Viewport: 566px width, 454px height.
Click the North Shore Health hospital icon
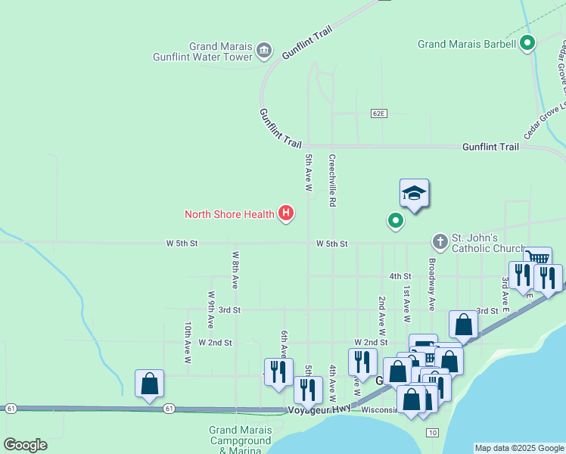point(286,214)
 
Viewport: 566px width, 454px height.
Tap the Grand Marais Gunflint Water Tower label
point(203,51)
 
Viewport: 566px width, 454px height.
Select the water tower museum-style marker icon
point(264,51)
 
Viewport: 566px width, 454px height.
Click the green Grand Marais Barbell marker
point(528,44)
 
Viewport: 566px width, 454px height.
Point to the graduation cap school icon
point(415,194)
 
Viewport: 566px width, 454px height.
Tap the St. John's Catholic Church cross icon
point(440,242)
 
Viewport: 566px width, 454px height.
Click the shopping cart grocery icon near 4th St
point(537,259)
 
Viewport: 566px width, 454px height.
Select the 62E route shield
point(379,113)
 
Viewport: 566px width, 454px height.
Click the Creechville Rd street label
point(331,181)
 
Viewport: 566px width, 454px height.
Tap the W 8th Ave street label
point(235,270)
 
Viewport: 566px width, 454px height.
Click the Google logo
point(24,445)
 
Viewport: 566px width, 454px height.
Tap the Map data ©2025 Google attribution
point(519,448)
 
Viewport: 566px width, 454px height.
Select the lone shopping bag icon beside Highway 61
point(150,383)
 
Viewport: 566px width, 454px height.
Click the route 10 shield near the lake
point(431,432)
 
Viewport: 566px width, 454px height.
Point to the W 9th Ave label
point(211,309)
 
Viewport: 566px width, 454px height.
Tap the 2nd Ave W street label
point(382,316)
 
